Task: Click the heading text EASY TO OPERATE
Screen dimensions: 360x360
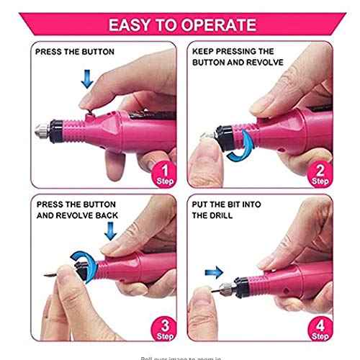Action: point(182,25)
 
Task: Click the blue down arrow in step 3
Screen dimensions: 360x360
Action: point(110,230)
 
